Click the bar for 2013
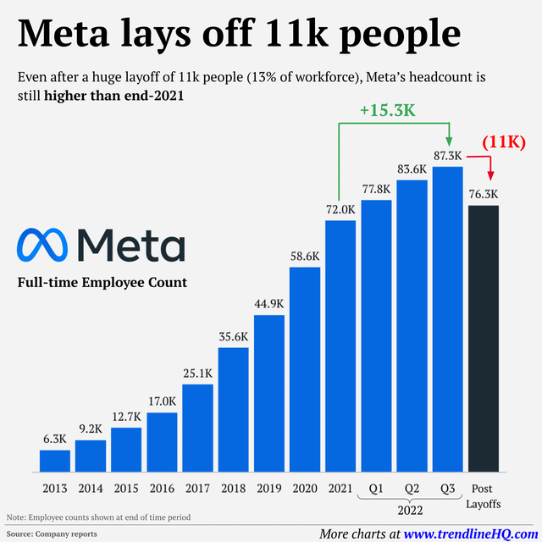click(55, 461)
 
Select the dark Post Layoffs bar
click(484, 339)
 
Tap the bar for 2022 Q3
click(448, 319)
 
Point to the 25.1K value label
click(197, 373)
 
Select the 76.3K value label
click(484, 194)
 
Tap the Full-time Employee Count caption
click(102, 282)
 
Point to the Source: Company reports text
click(52, 534)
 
